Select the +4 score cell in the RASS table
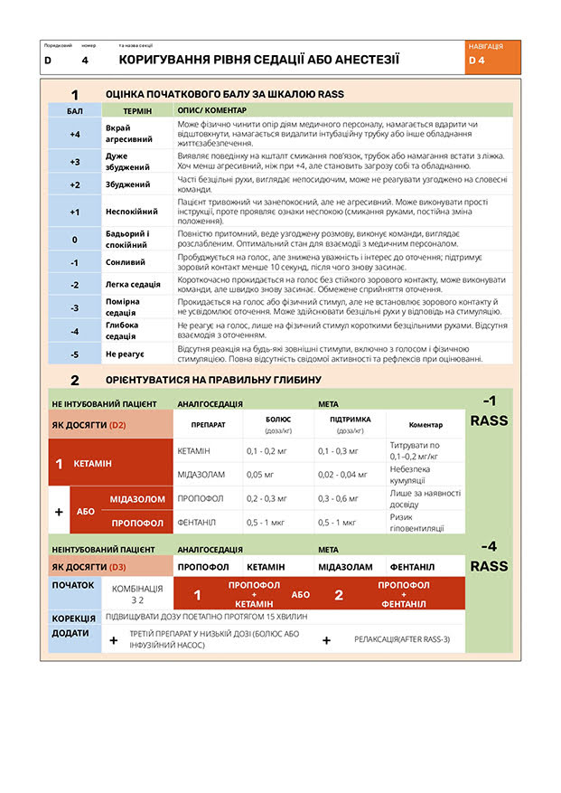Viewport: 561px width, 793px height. pyautogui.click(x=75, y=133)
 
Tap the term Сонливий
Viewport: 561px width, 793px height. pyautogui.click(x=127, y=262)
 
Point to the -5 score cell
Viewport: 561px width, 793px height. pyautogui.click(x=75, y=354)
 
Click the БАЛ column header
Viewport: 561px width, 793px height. pyautogui.click(x=75, y=109)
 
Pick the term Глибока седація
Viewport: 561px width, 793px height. pyautogui.click(x=122, y=330)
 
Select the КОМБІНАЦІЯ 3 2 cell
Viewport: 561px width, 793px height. pyautogui.click(x=137, y=594)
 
